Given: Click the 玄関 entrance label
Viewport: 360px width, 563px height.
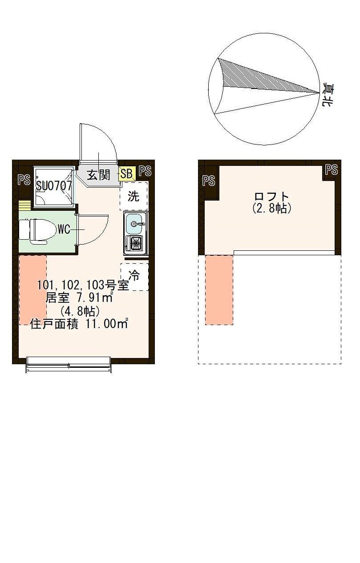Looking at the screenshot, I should (x=98, y=175).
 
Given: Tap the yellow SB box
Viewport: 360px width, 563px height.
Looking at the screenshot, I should (x=126, y=174).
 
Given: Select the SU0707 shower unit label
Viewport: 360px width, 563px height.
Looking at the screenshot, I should (x=54, y=186).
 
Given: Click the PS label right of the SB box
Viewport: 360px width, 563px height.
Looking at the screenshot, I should (x=145, y=171).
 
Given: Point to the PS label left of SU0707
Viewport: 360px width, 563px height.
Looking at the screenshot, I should (x=24, y=180).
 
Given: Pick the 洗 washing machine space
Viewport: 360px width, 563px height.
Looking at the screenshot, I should (x=133, y=196).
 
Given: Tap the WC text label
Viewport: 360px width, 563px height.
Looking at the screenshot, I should (x=64, y=230).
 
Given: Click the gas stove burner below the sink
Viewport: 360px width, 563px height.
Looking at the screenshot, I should (x=134, y=243).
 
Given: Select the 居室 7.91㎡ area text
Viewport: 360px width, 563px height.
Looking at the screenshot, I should (x=79, y=298).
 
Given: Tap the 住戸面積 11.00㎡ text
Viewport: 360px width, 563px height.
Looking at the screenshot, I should (x=79, y=324).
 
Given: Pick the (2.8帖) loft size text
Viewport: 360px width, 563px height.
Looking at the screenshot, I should (x=271, y=208).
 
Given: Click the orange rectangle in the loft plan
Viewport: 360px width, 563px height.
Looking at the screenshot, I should (x=219, y=290).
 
